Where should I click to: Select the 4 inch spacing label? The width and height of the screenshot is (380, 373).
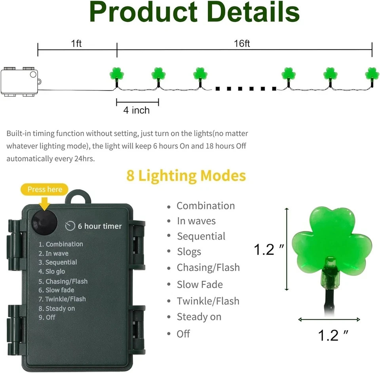point(136,110)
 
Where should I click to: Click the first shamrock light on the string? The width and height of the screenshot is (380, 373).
point(117,73)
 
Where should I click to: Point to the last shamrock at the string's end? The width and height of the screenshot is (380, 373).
point(372,73)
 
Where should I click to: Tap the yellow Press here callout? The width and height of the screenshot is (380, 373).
point(45,189)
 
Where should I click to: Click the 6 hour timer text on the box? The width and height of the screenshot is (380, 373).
point(99,226)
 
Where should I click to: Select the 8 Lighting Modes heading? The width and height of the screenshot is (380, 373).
point(186,176)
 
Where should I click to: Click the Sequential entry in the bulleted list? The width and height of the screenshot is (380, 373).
point(201,236)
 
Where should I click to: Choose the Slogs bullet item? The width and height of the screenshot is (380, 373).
point(189,252)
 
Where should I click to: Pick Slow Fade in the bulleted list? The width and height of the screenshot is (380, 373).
point(199,284)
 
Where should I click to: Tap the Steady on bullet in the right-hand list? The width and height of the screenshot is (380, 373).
point(199,317)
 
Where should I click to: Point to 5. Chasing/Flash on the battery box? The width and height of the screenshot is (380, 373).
point(63,281)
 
